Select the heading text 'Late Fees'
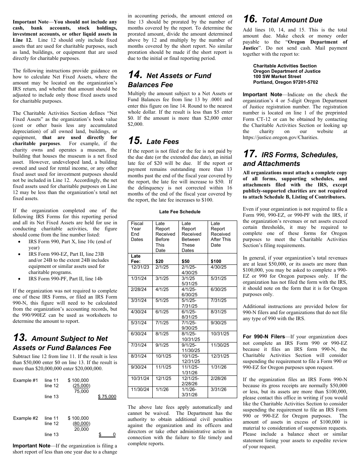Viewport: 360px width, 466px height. click(162, 142)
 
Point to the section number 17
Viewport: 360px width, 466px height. click(250, 154)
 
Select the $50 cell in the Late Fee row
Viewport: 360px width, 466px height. click(186, 261)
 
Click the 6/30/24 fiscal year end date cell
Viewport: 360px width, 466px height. click(138, 334)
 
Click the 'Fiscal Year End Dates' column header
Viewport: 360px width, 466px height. click(137, 231)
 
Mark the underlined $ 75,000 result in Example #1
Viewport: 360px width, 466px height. click(107, 397)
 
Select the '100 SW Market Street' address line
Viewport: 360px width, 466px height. click(277, 77)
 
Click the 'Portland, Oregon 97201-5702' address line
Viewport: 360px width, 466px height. click(286, 82)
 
